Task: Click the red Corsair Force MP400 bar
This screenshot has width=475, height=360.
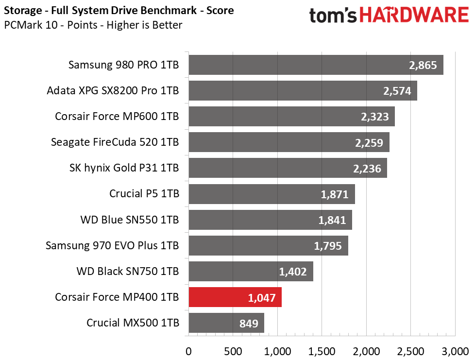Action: coord(235,297)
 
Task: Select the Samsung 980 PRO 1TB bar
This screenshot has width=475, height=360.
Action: coord(316,65)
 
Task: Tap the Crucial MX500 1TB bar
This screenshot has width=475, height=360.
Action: coord(226,323)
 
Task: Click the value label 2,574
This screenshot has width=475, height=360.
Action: coord(397,91)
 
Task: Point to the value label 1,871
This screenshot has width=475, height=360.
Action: coord(335,194)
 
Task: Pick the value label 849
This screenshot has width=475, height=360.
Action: coord(249,324)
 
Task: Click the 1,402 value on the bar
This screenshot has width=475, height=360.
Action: coord(293,272)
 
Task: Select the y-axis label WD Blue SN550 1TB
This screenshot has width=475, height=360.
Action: coord(130,220)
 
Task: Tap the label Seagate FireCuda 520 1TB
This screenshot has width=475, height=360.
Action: coord(115,142)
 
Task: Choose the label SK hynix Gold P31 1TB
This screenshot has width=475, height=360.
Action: coord(124,168)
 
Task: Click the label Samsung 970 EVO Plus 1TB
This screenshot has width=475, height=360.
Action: coord(112,245)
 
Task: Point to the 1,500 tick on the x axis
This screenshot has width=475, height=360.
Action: coord(322,352)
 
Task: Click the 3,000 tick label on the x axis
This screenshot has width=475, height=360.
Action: coord(455,352)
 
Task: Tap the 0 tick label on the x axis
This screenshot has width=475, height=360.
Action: coord(188,352)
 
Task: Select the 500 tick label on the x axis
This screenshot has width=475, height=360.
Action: coord(233,352)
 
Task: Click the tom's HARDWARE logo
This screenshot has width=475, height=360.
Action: coord(389,15)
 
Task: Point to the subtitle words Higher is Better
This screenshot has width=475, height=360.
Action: coord(145,25)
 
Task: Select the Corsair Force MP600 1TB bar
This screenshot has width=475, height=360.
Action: coord(292,117)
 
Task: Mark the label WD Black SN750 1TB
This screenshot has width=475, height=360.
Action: coord(128,271)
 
